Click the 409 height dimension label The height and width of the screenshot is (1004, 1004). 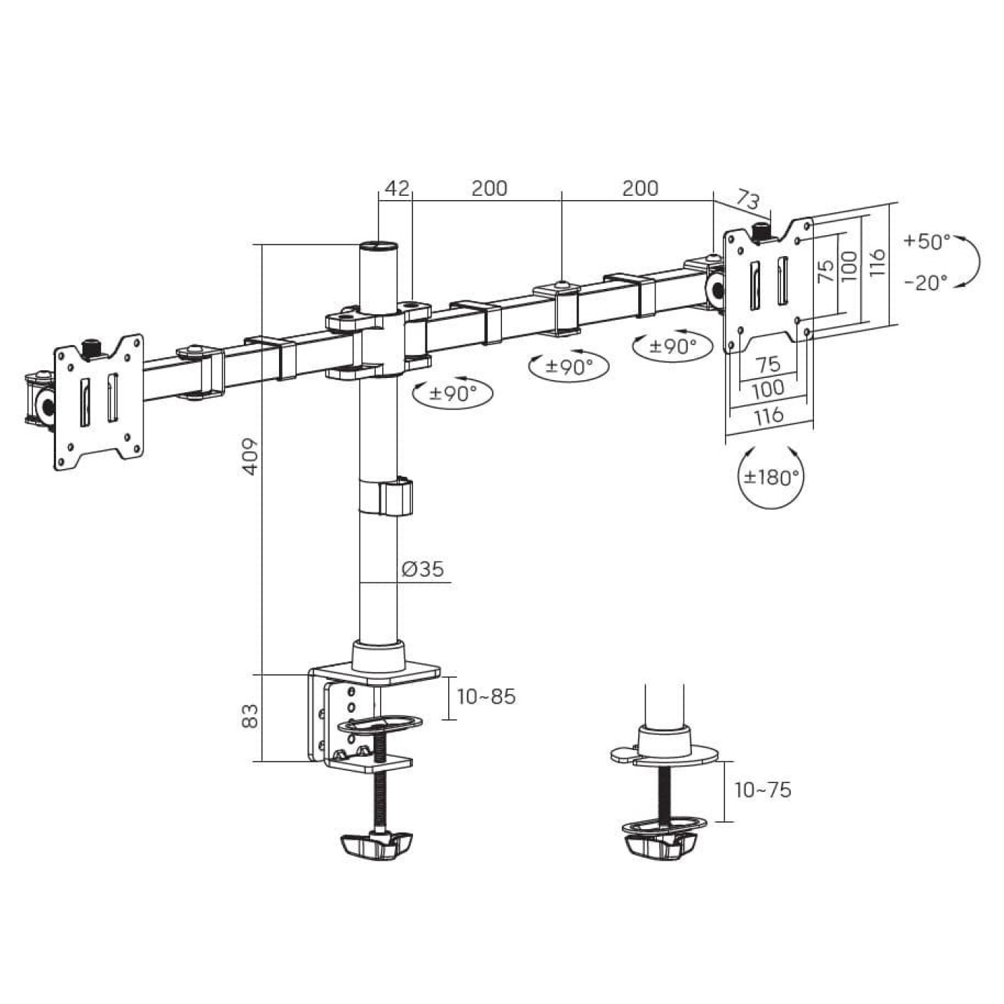pos(251,457)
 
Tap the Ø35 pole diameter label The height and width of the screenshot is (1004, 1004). pos(423,569)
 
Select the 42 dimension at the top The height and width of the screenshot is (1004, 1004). pos(397,188)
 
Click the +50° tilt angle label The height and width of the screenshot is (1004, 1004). pos(927,241)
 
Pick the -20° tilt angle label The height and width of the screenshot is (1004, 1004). pos(926,283)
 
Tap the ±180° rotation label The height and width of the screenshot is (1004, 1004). pos(771,476)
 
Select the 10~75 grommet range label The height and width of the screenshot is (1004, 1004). pos(763,790)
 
